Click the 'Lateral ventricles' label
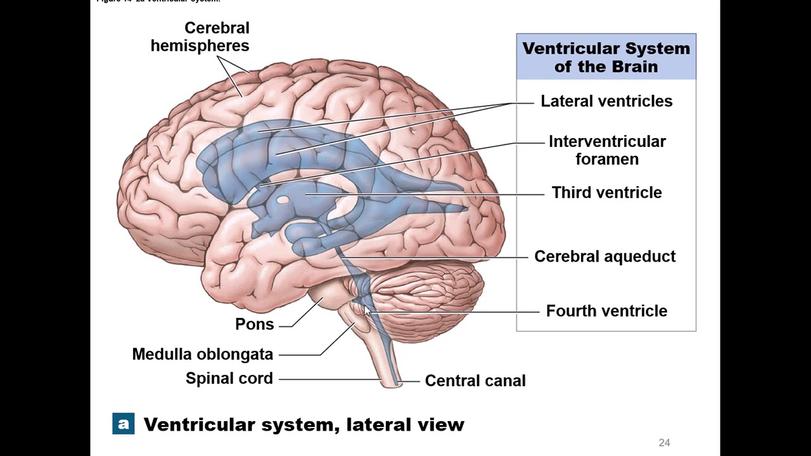[606, 101]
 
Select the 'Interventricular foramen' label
[606, 150]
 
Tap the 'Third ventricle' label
[606, 193]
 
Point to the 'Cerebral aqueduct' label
[604, 256]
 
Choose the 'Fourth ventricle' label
[606, 311]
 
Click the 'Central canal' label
[475, 381]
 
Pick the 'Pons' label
[254, 324]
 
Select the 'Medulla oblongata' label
[202, 354]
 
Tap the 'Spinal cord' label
[229, 379]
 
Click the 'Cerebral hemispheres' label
[200, 37]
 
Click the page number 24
[664, 443]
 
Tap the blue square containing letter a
[123, 424]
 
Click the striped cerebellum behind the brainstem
[431, 298]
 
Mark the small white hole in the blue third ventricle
[283, 201]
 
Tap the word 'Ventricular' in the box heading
[571, 49]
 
